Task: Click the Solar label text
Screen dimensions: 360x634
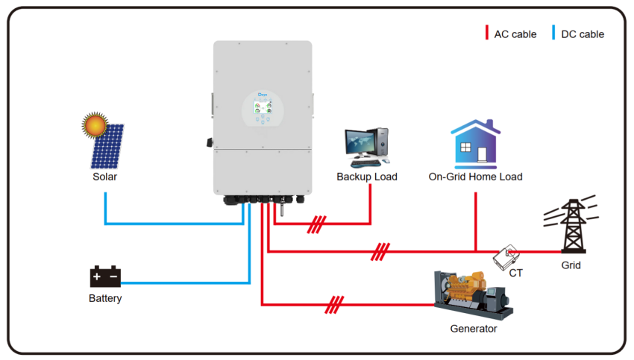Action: point(104,177)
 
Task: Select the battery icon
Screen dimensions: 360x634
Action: point(105,277)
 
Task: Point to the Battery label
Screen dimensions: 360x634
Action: point(105,298)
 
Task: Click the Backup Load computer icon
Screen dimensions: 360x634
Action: point(367,147)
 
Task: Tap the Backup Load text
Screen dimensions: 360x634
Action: point(367,177)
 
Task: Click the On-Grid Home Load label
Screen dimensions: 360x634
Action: point(475,177)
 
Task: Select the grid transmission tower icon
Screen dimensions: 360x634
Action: point(571,224)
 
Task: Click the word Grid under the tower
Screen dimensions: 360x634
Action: point(571,265)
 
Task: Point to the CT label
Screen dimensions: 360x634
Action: point(515,274)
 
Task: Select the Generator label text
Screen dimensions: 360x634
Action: point(473,328)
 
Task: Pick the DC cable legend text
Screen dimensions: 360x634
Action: point(582,34)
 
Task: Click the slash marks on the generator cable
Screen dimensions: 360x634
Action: point(335,304)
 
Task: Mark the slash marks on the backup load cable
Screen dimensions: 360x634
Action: point(317,224)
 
